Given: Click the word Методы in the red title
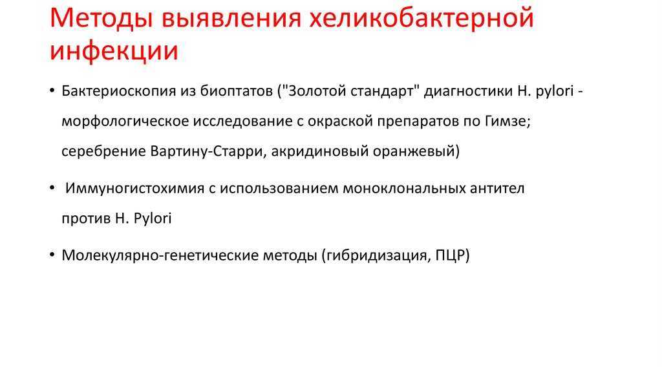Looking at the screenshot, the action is [101, 19].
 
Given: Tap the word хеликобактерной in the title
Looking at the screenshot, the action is [422, 19].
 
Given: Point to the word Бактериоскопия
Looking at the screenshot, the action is [119, 91].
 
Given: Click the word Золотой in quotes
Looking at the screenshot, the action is [315, 90].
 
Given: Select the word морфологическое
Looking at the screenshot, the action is [125, 122].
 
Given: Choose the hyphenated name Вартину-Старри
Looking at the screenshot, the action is [206, 151].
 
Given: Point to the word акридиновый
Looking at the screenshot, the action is [319, 151].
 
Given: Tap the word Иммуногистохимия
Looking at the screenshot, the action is [134, 188].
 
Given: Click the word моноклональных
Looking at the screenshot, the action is [404, 188].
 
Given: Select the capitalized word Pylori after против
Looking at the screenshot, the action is [153, 218].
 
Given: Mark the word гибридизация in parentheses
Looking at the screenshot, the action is [376, 255].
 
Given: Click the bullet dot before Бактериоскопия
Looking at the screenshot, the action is [52, 90].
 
